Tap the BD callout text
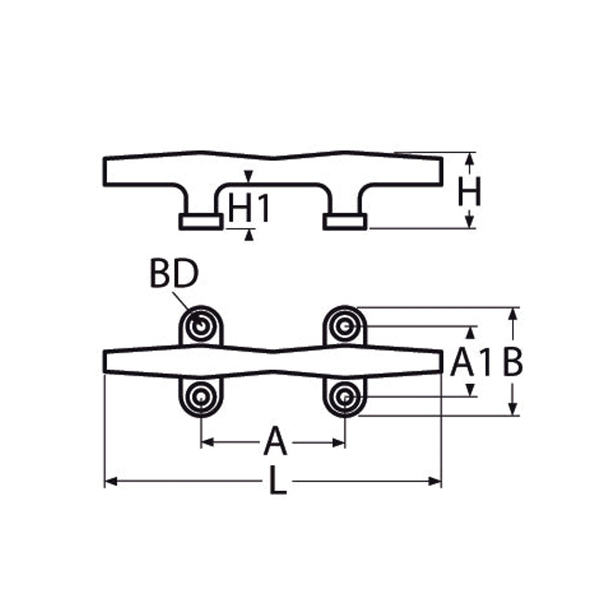174,274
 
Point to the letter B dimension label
513,362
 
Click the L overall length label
277,480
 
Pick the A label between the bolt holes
276,442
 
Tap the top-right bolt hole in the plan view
344,327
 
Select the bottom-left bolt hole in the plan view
200,396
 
